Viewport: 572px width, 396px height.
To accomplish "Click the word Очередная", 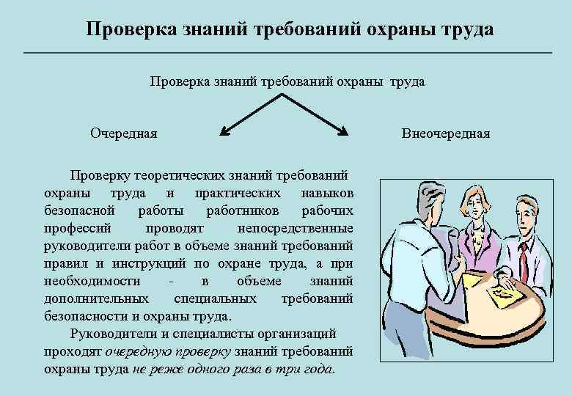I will (123, 133).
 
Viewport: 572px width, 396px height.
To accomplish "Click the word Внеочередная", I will (445, 133).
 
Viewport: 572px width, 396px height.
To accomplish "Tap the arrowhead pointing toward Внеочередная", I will (342, 133).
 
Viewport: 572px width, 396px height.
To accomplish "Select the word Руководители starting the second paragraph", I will (110, 334).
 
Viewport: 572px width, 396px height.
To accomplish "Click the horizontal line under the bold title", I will (286, 53).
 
